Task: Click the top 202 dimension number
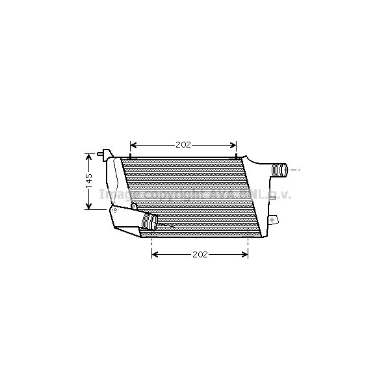tap(183, 145)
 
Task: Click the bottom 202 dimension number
tap(200, 254)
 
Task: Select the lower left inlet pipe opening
tap(151, 222)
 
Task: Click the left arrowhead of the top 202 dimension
tap(133, 145)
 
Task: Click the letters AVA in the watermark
tap(222, 194)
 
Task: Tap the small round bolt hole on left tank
tap(133, 206)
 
